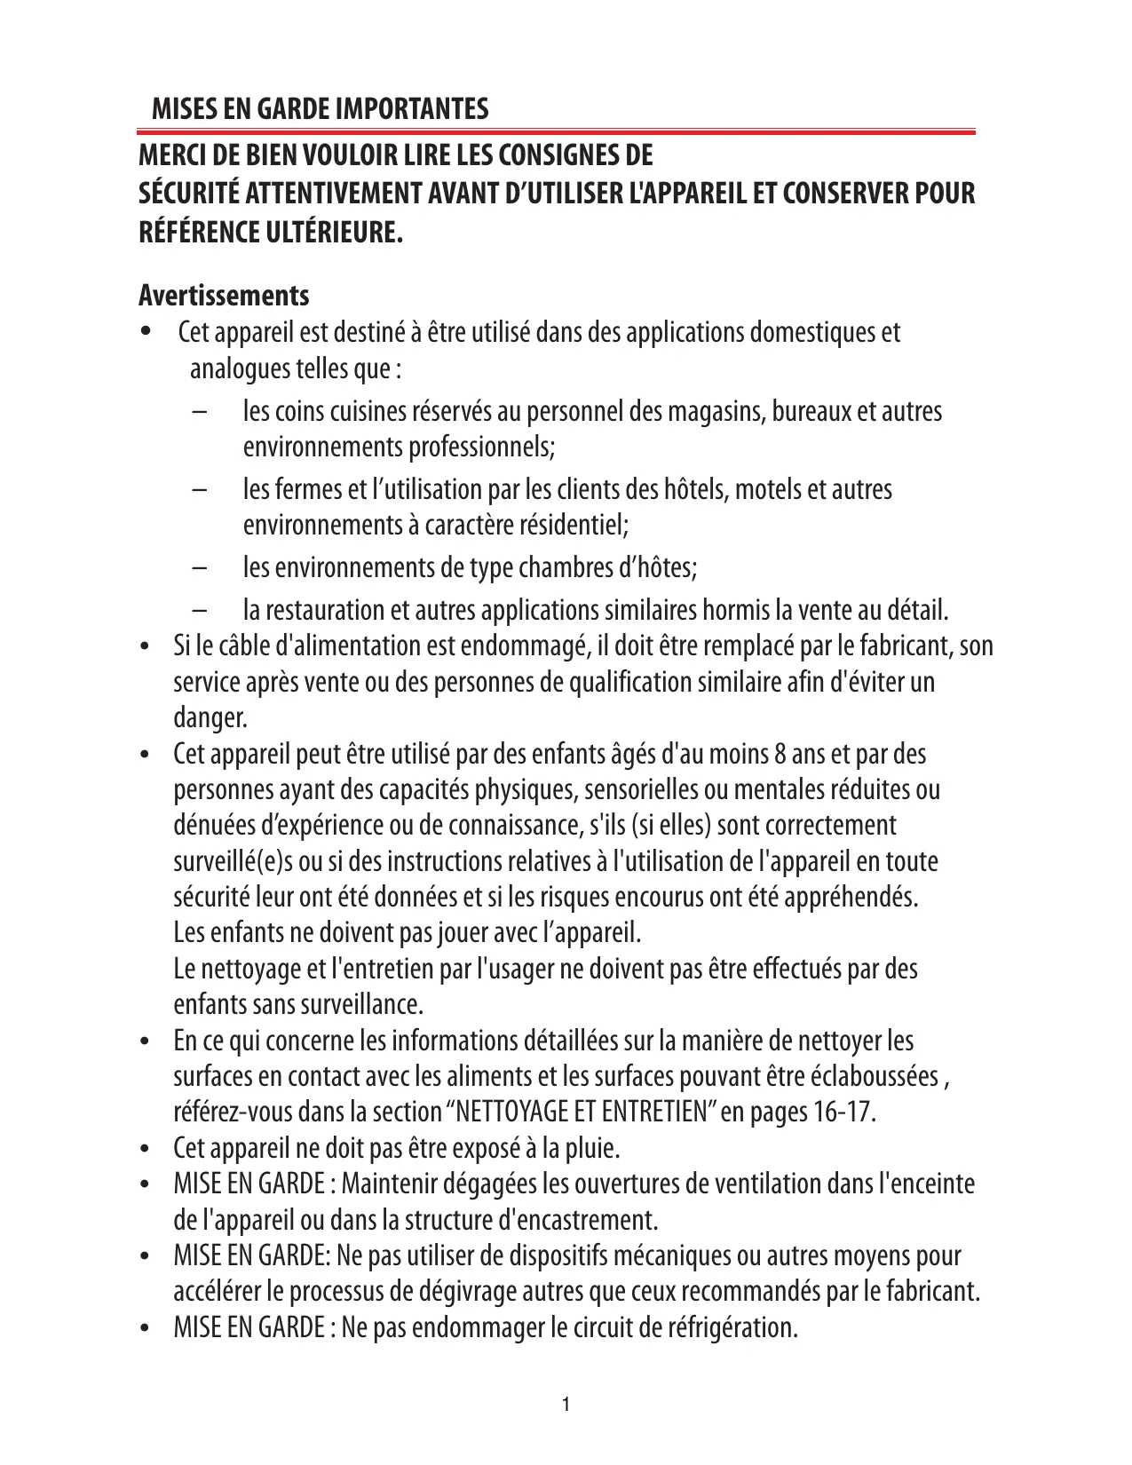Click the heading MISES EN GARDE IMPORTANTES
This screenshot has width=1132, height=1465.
[320, 109]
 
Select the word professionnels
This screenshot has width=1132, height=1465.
[480, 447]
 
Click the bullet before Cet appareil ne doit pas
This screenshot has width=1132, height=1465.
[146, 1151]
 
